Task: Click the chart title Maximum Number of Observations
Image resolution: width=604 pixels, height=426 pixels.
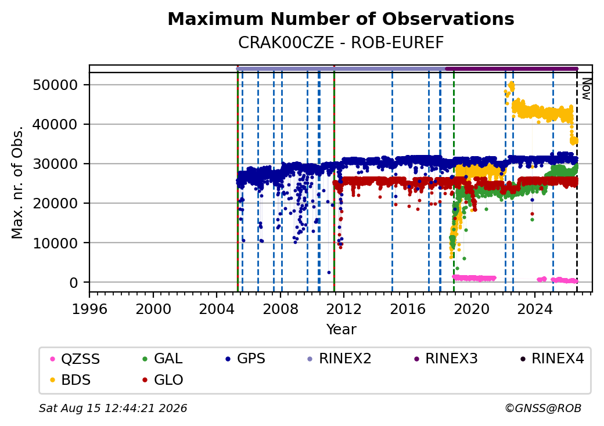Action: tap(341, 19)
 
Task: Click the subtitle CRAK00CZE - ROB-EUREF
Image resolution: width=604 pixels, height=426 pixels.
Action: tap(341, 43)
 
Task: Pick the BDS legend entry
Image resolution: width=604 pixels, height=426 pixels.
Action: tap(71, 380)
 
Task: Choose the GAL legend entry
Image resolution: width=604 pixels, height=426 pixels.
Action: tap(163, 359)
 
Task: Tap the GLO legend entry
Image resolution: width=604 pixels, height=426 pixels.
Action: tap(163, 380)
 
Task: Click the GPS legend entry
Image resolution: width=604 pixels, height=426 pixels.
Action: tap(245, 359)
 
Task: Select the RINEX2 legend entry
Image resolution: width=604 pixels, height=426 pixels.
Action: tap(339, 359)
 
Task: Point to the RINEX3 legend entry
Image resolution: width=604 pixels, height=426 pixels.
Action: tap(445, 359)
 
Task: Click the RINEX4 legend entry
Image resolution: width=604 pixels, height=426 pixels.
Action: tap(552, 359)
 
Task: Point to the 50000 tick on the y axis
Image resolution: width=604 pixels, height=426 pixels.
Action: tap(56, 85)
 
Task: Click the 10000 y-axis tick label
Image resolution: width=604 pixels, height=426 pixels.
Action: tap(56, 243)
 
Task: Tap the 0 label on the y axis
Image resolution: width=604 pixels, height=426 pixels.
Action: tap(74, 283)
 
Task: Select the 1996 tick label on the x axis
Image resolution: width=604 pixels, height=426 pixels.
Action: tap(90, 309)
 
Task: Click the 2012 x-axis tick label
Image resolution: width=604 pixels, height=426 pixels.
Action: tap(344, 309)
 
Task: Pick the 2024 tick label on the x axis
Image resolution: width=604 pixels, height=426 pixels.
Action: tap(535, 309)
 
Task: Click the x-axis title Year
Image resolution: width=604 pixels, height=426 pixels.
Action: tap(341, 330)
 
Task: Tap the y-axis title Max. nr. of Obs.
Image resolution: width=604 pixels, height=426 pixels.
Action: tap(17, 182)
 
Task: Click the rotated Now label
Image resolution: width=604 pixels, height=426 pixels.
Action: tap(587, 89)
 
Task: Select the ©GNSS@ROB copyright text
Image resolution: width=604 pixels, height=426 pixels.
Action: tap(543, 408)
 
